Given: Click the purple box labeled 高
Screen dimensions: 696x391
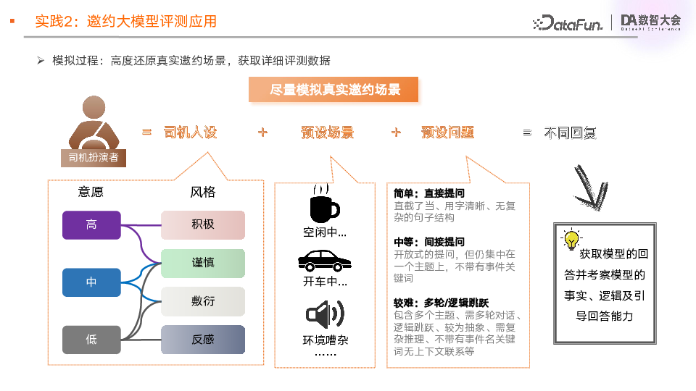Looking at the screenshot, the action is point(91,224).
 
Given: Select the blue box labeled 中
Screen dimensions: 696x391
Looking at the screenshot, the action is point(91,282).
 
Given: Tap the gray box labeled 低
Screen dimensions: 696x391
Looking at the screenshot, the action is point(91,339).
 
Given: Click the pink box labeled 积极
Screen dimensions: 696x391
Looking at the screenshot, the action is point(203,224).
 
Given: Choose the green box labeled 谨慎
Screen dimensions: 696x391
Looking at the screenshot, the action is point(203,263).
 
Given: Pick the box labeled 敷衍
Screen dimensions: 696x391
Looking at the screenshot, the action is point(203,301).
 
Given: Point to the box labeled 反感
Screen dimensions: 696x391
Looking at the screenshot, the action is point(203,339).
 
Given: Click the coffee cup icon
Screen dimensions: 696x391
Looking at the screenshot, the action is point(323,203).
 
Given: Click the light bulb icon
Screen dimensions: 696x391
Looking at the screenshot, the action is point(571,238).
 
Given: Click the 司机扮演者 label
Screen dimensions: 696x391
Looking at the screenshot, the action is point(93,157).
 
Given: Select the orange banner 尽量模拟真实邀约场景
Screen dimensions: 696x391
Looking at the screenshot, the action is point(334,90).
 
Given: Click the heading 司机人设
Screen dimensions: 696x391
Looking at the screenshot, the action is point(191,133).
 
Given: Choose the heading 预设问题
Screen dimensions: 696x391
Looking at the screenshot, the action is point(447,133).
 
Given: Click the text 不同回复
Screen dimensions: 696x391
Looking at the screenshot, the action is point(570,133).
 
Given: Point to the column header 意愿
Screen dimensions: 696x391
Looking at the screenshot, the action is point(91,192).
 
